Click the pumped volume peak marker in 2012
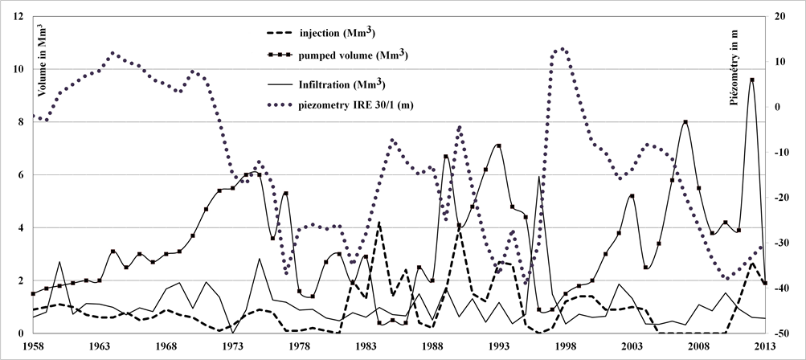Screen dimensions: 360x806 point(751,80)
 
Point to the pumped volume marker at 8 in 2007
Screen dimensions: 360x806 point(685,122)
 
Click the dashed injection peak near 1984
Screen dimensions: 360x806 point(378,223)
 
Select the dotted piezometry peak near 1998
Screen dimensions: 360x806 point(562,49)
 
